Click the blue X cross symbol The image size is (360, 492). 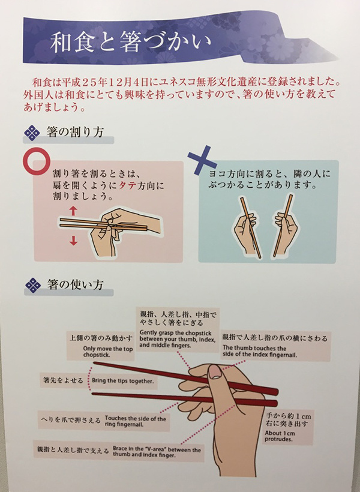click(202, 160)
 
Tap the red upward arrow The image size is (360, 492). click(73, 211)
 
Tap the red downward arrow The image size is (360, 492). click(73, 241)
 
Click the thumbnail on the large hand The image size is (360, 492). click(215, 372)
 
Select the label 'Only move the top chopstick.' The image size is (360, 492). click(108, 352)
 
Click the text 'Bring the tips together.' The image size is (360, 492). click(123, 381)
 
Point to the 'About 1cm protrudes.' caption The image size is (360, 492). click(280, 436)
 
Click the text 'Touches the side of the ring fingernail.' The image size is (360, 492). click(135, 421)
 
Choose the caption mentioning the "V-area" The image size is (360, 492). click(157, 452)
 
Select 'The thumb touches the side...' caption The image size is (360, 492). click(260, 352)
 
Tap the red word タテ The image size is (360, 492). click(127, 185)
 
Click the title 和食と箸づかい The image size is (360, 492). click(130, 42)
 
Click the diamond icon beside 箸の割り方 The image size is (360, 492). click(32, 133)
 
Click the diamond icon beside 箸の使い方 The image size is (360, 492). click(33, 285)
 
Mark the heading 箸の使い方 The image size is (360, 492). click(76, 284)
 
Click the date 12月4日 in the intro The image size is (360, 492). click(128, 82)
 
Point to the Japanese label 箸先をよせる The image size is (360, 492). click(63, 380)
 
